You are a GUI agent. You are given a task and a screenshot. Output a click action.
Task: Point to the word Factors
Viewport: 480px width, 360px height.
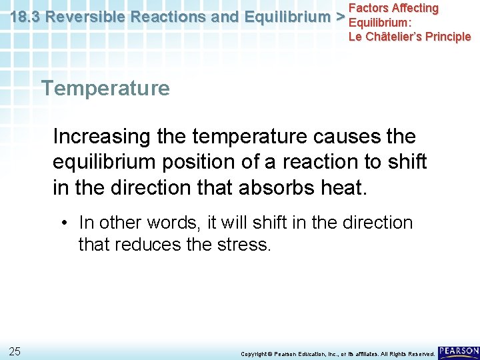point(369,8)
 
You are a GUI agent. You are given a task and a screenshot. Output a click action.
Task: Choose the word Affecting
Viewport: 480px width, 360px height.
point(416,8)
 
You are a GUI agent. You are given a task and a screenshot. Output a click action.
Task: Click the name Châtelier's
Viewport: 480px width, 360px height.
point(398,36)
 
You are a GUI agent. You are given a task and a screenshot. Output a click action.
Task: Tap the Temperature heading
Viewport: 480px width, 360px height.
point(105,88)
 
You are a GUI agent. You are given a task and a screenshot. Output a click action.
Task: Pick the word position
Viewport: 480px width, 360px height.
point(203,162)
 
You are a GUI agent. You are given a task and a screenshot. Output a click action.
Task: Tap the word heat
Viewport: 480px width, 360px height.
point(342,187)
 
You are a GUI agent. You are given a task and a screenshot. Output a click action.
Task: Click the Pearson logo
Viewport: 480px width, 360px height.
point(459,351)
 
